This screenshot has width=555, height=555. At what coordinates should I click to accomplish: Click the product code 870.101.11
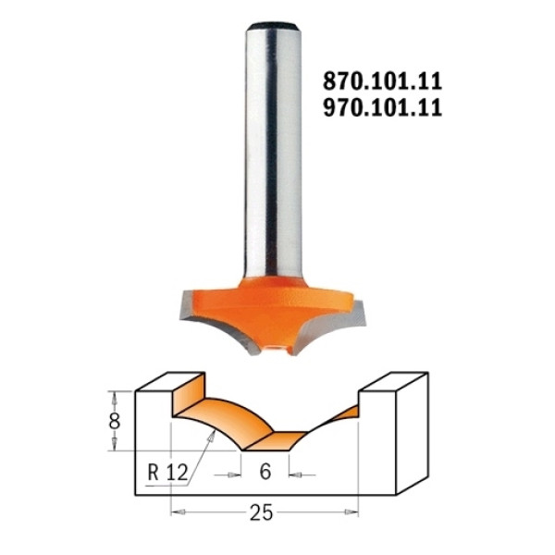tap(383, 81)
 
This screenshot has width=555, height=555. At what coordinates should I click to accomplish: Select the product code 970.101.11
tap(383, 107)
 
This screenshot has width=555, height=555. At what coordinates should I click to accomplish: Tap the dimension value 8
tap(115, 421)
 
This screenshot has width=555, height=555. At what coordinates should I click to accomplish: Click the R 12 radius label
tap(167, 472)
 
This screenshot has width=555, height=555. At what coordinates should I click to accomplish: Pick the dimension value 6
tap(265, 472)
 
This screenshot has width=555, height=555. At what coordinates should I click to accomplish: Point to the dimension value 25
tap(261, 512)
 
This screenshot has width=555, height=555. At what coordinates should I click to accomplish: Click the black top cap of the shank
tap(273, 26)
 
